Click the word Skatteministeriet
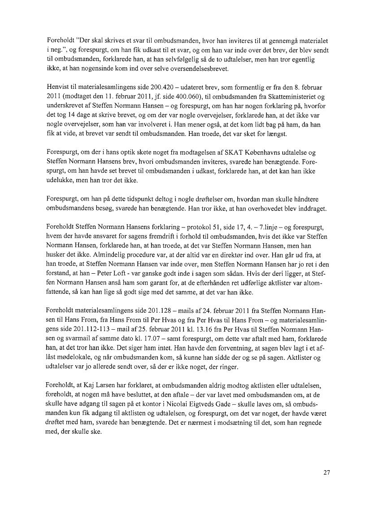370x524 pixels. point(298,95)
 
